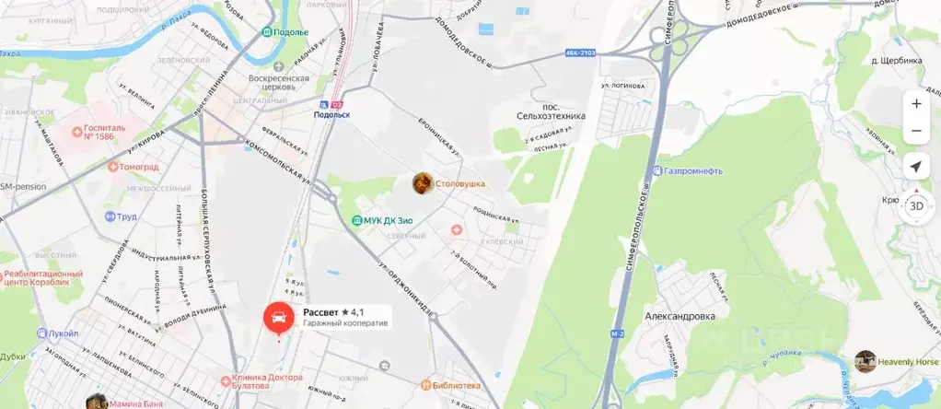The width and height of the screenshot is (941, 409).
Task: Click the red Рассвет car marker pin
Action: [279, 319]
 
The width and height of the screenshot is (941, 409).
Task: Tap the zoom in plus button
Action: [916, 104]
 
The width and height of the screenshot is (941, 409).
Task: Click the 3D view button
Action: [916, 205]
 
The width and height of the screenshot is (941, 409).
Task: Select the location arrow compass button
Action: [916, 167]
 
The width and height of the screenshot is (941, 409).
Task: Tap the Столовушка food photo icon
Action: [424, 183]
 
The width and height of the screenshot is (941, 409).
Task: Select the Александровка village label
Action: [680, 315]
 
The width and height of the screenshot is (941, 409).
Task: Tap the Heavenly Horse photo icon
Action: [865, 361]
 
